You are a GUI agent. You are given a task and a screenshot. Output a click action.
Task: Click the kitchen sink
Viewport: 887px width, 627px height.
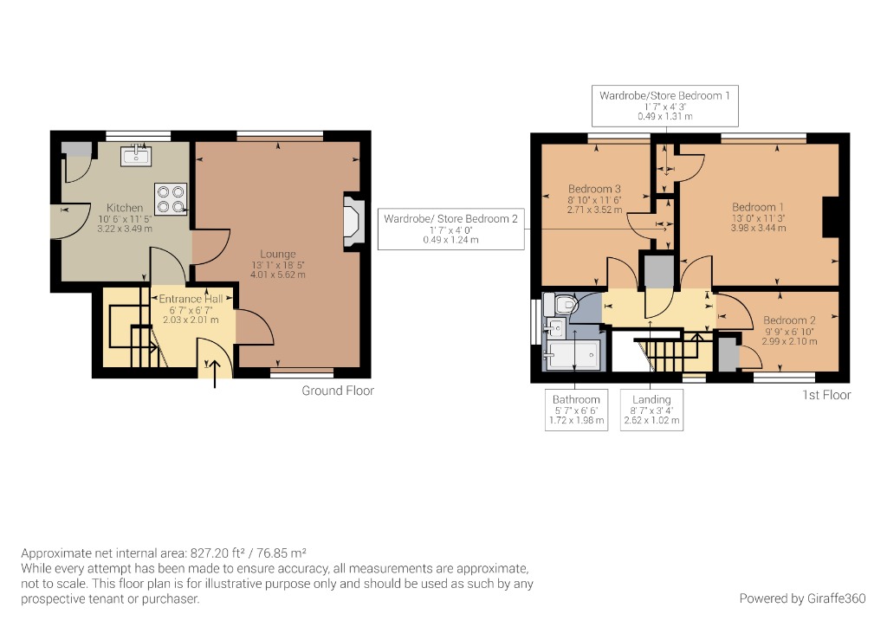[x=137, y=156]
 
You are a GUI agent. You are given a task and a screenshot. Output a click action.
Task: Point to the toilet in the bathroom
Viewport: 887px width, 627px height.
[x=565, y=305]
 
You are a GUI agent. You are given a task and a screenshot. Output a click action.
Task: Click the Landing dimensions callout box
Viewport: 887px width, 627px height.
[x=651, y=410]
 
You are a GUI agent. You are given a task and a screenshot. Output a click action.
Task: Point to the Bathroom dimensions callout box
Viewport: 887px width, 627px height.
[x=576, y=410]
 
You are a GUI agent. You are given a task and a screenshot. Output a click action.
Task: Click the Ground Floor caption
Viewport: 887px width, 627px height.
[x=338, y=391]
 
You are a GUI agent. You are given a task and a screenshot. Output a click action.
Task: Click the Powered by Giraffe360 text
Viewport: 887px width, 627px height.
[x=803, y=598]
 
